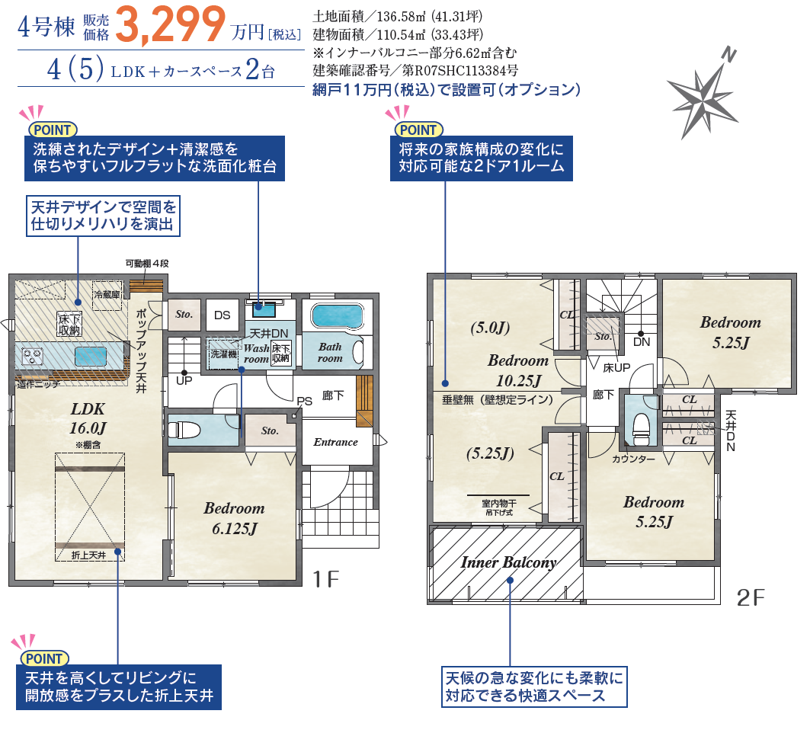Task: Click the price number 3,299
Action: pyautogui.click(x=171, y=24)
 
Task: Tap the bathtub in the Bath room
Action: pyautogui.click(x=338, y=315)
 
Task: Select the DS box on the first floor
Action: pyautogui.click(x=223, y=315)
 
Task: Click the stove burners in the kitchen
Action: pyautogui.click(x=32, y=356)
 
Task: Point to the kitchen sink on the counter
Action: pyautogui.click(x=91, y=357)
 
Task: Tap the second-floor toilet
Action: pyautogui.click(x=641, y=429)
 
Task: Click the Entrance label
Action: pyautogui.click(x=336, y=442)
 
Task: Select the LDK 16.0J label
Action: pyautogui.click(x=88, y=418)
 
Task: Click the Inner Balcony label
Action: pyautogui.click(x=508, y=562)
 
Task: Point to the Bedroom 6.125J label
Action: pyautogui.click(x=234, y=518)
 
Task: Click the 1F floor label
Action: pyautogui.click(x=326, y=579)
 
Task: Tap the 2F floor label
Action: pyautogui.click(x=751, y=597)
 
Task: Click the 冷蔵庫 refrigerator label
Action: pyautogui.click(x=107, y=294)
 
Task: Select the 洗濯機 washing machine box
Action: pyautogui.click(x=223, y=354)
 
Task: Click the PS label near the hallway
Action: pyautogui.click(x=304, y=402)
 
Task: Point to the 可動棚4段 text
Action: pyautogui.click(x=147, y=264)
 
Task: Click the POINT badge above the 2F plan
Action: pyautogui.click(x=419, y=130)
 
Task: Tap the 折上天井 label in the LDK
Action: pyautogui.click(x=88, y=555)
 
